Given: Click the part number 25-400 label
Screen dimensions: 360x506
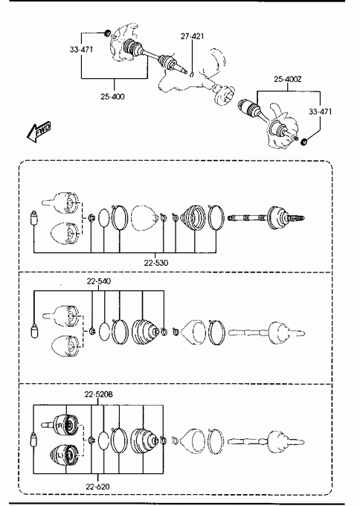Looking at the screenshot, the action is click(x=112, y=97).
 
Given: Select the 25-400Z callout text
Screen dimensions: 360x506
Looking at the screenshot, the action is click(x=288, y=79).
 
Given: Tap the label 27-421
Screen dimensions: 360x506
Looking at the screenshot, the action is click(x=192, y=36).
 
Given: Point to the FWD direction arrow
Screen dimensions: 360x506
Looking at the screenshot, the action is click(x=39, y=132).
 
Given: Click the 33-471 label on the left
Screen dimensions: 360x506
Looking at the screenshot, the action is click(x=81, y=49).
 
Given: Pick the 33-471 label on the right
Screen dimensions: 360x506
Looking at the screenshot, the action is click(x=320, y=112).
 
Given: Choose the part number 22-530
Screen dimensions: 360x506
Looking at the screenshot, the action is click(x=156, y=263).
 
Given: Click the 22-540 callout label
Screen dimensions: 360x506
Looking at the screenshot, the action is click(x=99, y=281).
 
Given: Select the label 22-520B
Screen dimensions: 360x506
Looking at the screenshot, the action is click(x=99, y=394).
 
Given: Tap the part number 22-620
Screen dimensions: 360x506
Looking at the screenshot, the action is click(x=97, y=487).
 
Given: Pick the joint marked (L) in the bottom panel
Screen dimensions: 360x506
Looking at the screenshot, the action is click(x=64, y=455).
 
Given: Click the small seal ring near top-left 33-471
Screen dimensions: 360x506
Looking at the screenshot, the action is click(x=107, y=32).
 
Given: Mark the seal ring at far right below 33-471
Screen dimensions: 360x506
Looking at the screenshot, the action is click(x=303, y=141).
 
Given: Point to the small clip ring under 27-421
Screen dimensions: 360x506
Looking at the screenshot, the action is click(x=191, y=75).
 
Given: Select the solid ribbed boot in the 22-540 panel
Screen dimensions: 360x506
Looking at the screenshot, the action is click(x=145, y=332).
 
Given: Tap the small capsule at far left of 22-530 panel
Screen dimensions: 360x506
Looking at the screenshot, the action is click(x=33, y=218).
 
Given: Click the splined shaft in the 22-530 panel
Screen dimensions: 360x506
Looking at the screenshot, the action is click(x=248, y=218).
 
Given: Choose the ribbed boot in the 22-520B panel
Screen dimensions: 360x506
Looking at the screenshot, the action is click(x=144, y=441).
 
